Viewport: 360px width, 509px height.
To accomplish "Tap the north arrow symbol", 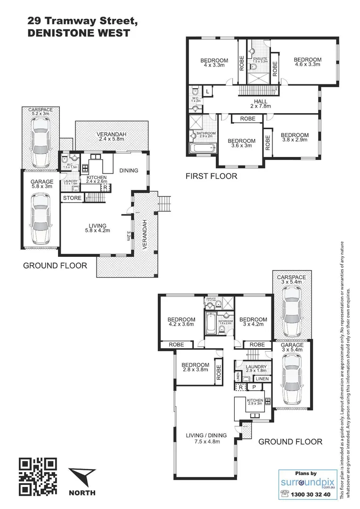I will coord(82,478).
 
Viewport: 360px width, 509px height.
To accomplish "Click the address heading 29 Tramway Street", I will coord(82,21).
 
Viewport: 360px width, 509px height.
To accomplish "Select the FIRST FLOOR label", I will coord(212,176).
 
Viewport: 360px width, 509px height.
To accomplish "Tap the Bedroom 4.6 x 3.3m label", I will coord(307,62).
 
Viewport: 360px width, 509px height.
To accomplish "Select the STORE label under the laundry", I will coord(72,198).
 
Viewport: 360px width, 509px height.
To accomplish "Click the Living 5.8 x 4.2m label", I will coord(96,228).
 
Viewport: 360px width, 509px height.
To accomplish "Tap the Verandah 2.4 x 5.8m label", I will coord(111,136).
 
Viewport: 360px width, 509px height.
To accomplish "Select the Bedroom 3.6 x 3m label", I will coord(241,143).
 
